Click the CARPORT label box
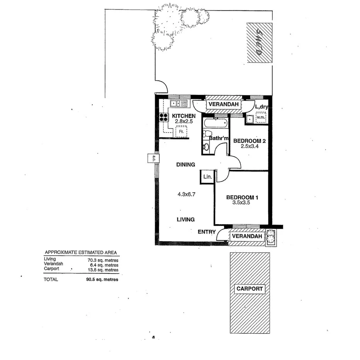click(x=250, y=289)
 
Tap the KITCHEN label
click(x=183, y=116)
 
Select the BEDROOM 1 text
click(x=242, y=198)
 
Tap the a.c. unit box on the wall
click(x=153, y=158)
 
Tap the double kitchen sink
click(x=178, y=104)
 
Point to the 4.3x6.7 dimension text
click(x=185, y=194)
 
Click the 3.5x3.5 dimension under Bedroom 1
click(x=242, y=204)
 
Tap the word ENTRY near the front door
click(x=206, y=232)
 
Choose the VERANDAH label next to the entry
click(x=247, y=236)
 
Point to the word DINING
click(x=185, y=165)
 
